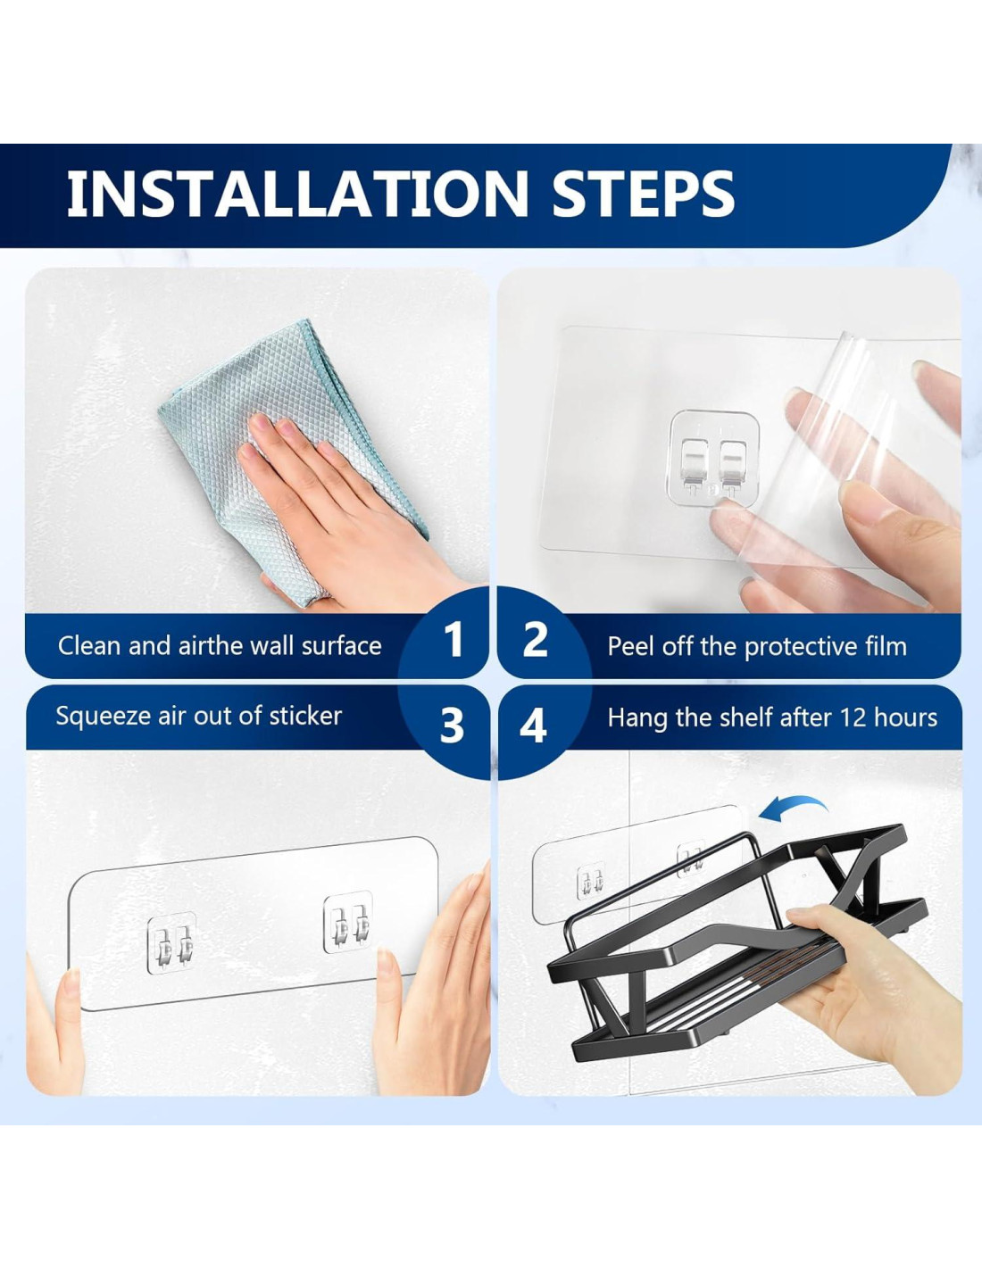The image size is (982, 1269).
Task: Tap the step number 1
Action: pos(454,640)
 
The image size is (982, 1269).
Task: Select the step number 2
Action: pos(535,640)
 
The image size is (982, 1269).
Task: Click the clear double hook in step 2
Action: pos(711,457)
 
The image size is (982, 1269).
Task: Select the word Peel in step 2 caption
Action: pos(630,646)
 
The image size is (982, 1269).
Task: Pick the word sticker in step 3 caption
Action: pos(305,716)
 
